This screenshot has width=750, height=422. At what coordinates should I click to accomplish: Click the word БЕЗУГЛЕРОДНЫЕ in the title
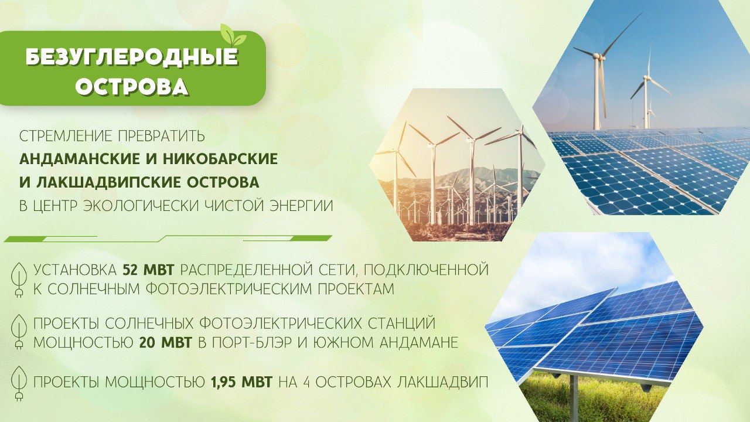pyautogui.click(x=132, y=57)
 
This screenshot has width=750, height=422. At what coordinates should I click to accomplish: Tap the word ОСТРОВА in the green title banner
pyautogui.click(x=132, y=87)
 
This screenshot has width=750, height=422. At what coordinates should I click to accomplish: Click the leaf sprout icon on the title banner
pyautogui.click(x=233, y=35)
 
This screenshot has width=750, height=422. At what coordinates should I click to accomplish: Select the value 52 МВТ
pyautogui.click(x=148, y=270)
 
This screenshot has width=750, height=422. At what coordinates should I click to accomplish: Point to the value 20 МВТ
pyautogui.click(x=166, y=343)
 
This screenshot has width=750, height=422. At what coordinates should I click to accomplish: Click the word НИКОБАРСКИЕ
pyautogui.click(x=220, y=159)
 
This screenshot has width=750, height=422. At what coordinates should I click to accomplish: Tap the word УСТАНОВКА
pyautogui.click(x=74, y=270)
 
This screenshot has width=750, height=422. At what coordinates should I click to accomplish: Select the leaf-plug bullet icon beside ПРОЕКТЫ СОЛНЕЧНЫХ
pyautogui.click(x=19, y=332)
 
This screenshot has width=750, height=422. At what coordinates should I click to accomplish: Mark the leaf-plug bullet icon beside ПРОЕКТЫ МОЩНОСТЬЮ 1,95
pyautogui.click(x=19, y=383)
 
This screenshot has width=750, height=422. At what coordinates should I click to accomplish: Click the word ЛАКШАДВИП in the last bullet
pyautogui.click(x=442, y=382)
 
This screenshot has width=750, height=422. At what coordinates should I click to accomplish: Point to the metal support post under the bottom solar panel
pyautogui.click(x=574, y=399)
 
